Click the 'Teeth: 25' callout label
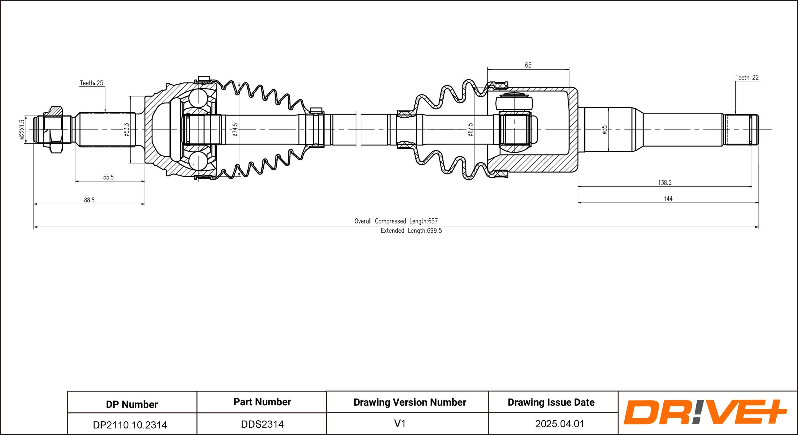click(x=92, y=83)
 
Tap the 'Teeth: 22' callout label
click(x=747, y=78)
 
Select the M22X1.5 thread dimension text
click(x=22, y=130)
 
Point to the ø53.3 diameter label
click(x=126, y=130)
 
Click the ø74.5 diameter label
click(x=235, y=130)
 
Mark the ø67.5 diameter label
click(x=470, y=130)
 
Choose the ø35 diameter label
click(x=604, y=130)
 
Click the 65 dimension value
click(x=528, y=65)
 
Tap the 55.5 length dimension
click(x=108, y=177)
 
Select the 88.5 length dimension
click(x=89, y=200)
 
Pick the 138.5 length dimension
click(x=665, y=183)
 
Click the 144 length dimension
click(x=668, y=199)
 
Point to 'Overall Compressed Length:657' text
click(x=396, y=221)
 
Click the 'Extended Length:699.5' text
click(x=411, y=230)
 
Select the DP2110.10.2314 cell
click(x=130, y=425)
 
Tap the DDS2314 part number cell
click(x=262, y=424)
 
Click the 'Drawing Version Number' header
click(x=410, y=402)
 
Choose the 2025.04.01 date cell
click(x=560, y=424)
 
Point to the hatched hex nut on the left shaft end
click(x=56, y=130)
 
